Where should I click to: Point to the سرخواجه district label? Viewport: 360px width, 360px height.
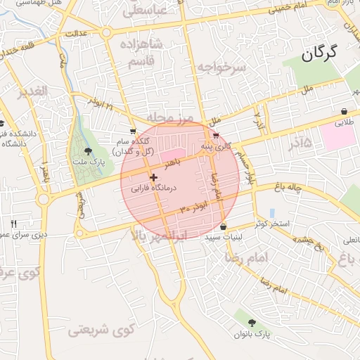221,67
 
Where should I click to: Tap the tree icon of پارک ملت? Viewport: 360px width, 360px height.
88,151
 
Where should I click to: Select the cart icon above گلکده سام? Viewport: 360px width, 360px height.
133,131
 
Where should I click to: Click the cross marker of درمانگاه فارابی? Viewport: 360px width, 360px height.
153,178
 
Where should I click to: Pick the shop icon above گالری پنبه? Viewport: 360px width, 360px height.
216,136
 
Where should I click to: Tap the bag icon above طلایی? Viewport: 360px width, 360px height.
343,112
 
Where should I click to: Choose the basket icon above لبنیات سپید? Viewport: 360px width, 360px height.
223,227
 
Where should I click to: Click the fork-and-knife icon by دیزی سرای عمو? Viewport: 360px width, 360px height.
13,224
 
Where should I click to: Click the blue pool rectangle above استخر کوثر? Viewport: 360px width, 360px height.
271,212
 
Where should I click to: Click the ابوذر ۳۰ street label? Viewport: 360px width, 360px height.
193,209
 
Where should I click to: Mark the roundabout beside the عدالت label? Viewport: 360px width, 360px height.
106,32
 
